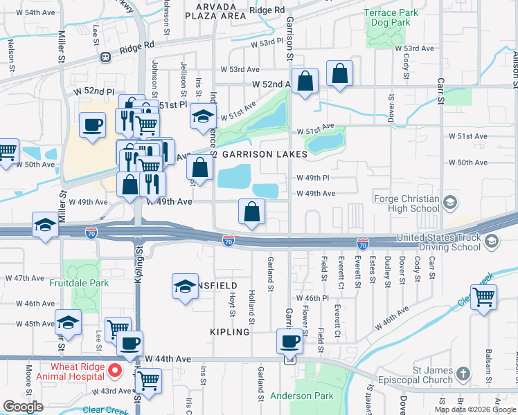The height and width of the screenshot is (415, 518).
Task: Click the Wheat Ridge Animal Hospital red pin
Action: (118, 371)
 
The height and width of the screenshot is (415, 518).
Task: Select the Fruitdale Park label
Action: (79, 282)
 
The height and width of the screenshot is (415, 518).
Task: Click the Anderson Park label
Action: (301, 396)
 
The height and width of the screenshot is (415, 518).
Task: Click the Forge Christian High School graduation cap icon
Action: (450, 203)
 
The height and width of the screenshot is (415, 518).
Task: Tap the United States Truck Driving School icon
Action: (491, 241)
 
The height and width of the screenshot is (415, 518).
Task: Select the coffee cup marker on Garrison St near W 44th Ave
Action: (289, 340)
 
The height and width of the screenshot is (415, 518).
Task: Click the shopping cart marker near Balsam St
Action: (483, 296)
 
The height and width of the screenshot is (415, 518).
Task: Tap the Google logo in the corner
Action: (23, 407)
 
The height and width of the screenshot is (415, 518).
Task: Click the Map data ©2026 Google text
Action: (476, 409)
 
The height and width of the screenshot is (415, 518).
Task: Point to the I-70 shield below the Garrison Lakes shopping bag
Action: (229, 240)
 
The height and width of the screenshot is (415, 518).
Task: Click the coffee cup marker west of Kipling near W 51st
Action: (92, 124)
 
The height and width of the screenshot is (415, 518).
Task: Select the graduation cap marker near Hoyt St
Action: (185, 286)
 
